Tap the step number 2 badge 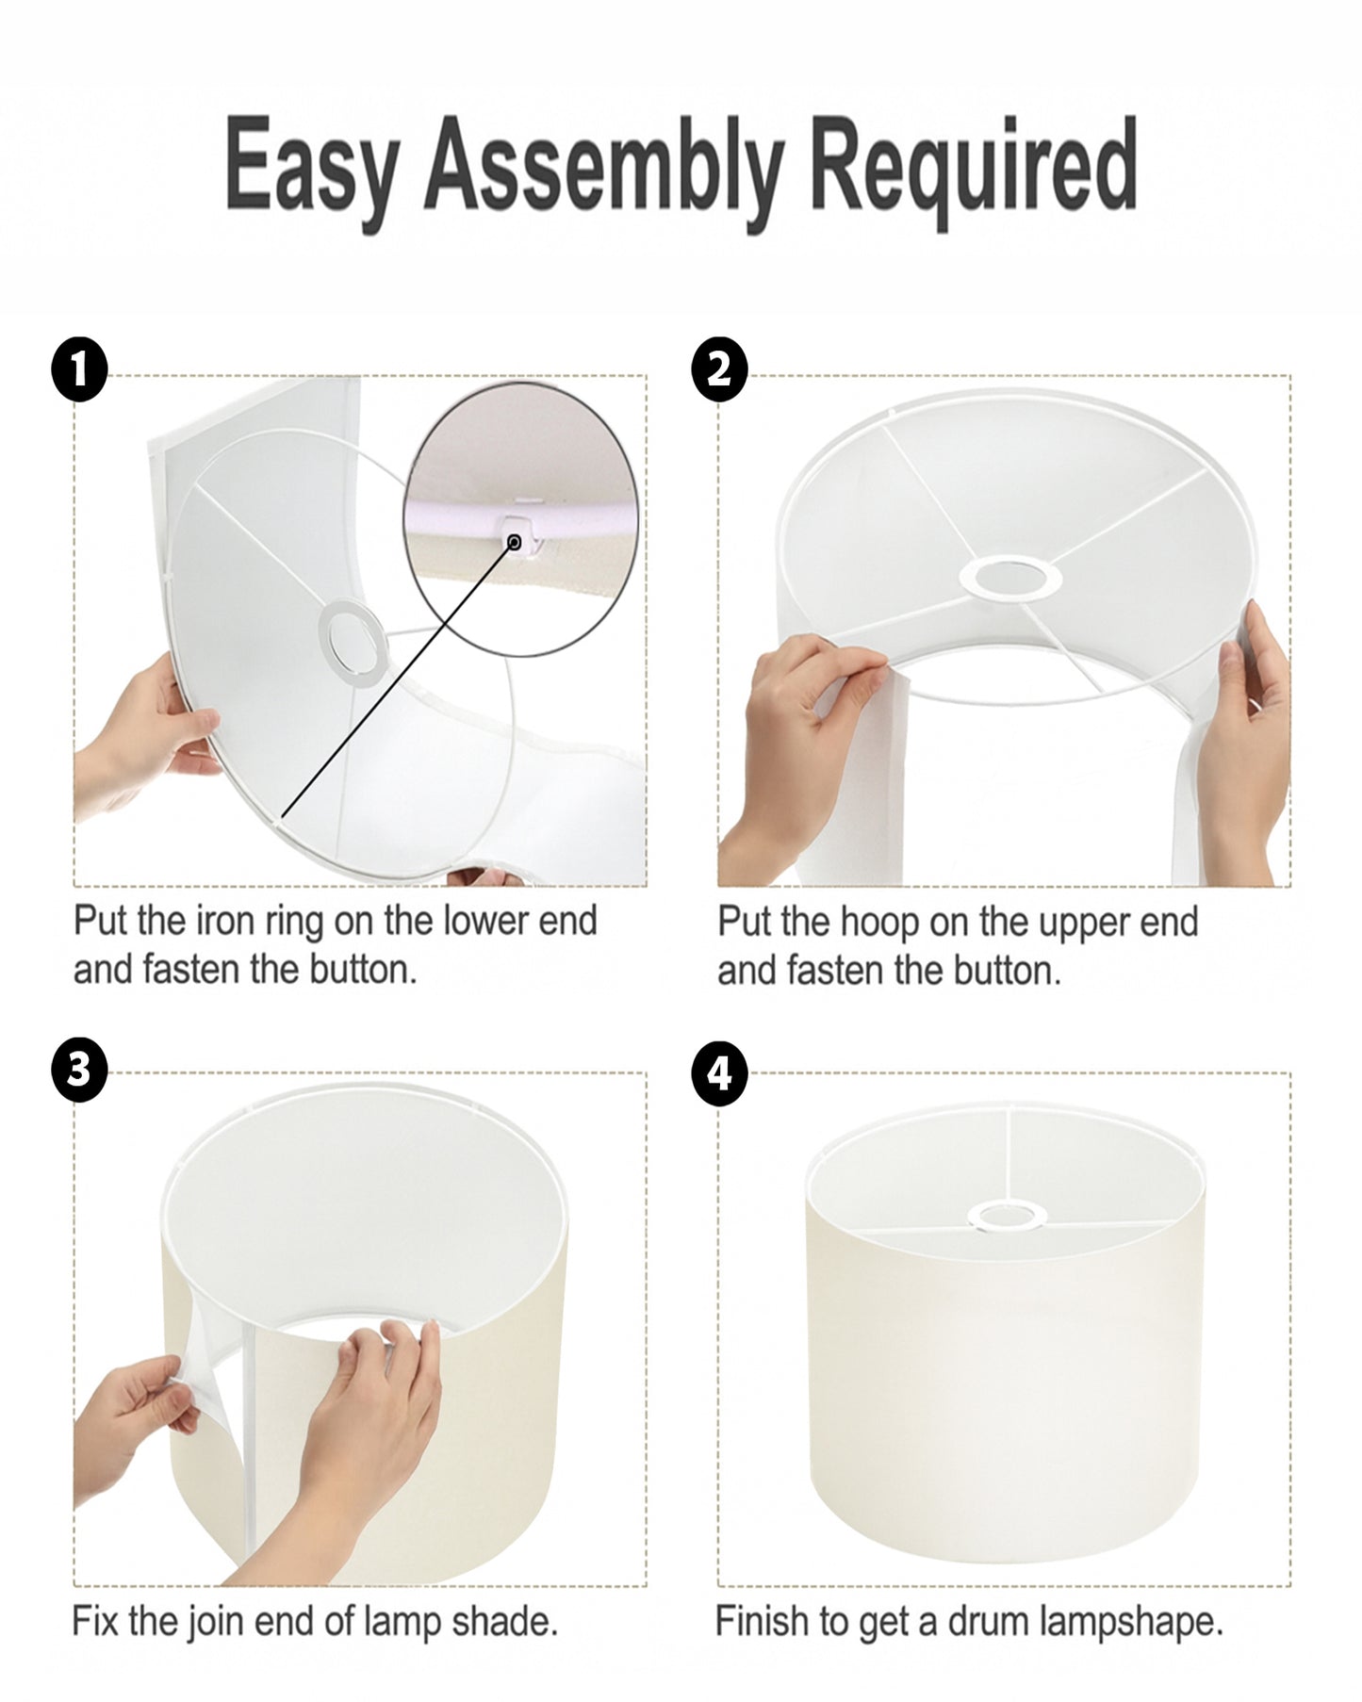point(719,369)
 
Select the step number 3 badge point(79,1072)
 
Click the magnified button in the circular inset point(515,541)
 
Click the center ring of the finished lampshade point(1009,1216)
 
